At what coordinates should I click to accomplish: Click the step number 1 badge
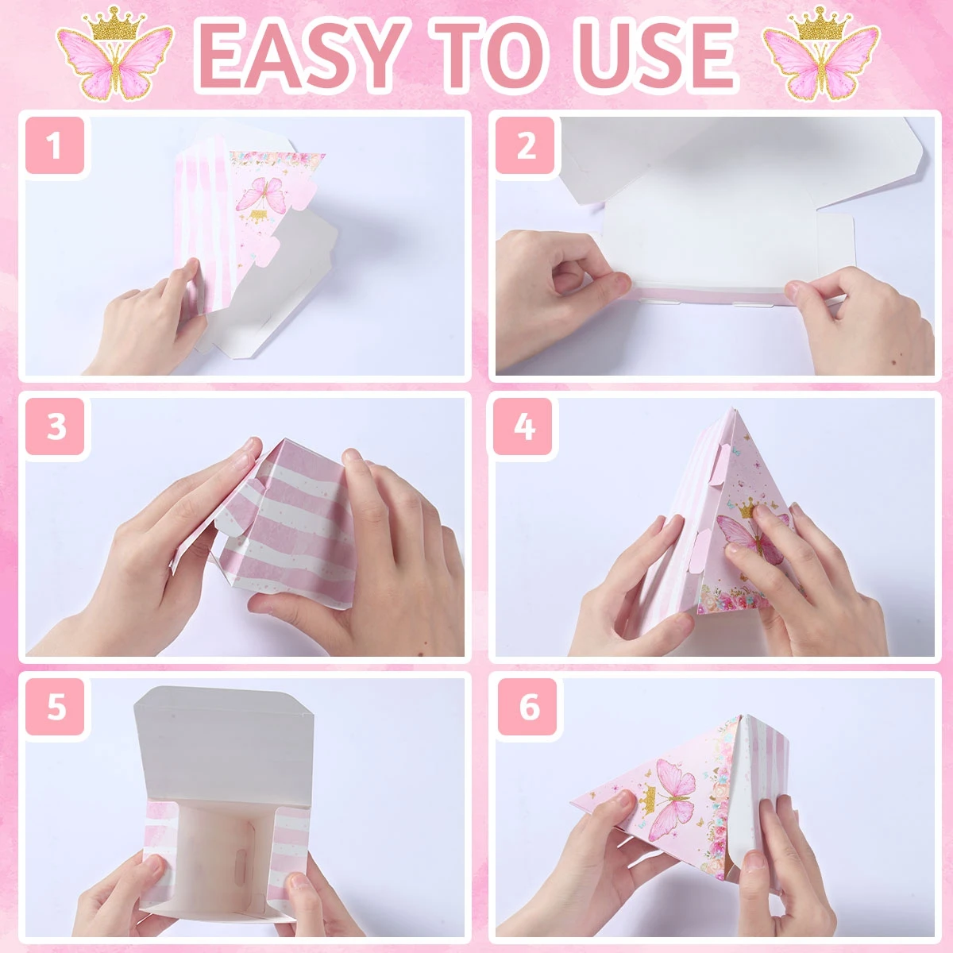click(55, 145)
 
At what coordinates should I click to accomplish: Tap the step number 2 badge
click(525, 145)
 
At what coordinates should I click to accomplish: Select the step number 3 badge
click(55, 426)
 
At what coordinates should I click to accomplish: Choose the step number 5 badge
click(55, 708)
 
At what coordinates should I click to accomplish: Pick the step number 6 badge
click(527, 708)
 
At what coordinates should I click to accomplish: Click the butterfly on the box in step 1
click(262, 194)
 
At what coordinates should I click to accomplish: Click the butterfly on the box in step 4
click(753, 539)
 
